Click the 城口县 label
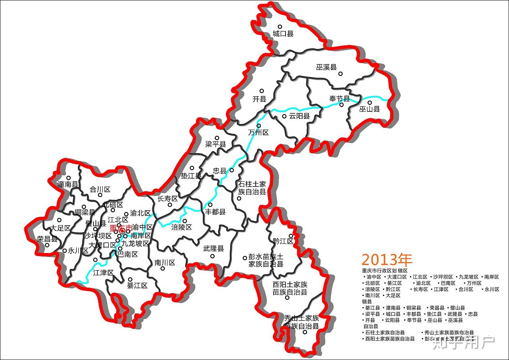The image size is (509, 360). [x=283, y=34]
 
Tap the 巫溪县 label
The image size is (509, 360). [x=326, y=67]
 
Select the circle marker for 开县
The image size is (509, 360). [x=262, y=91]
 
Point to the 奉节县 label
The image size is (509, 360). [x=339, y=99]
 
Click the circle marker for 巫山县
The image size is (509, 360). [x=369, y=103]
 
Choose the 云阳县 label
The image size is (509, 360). [x=299, y=117]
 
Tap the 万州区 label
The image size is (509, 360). [x=258, y=132]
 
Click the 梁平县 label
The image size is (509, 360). [x=216, y=144]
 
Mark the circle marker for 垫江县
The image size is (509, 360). [x=192, y=168]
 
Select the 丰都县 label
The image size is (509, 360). [x=215, y=212]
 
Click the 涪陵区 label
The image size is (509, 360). [x=181, y=228]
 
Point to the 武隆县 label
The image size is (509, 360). [x=214, y=249]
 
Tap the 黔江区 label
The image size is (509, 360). [x=283, y=241]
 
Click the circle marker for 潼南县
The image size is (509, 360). [x=68, y=178]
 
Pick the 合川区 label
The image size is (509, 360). [x=100, y=189]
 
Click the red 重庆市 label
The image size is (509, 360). [x=120, y=229]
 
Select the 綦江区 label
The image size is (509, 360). [x=137, y=286]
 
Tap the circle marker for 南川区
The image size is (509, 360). [x=163, y=269]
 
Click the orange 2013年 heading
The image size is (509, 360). [x=387, y=260]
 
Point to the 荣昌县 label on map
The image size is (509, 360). [x=47, y=239]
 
